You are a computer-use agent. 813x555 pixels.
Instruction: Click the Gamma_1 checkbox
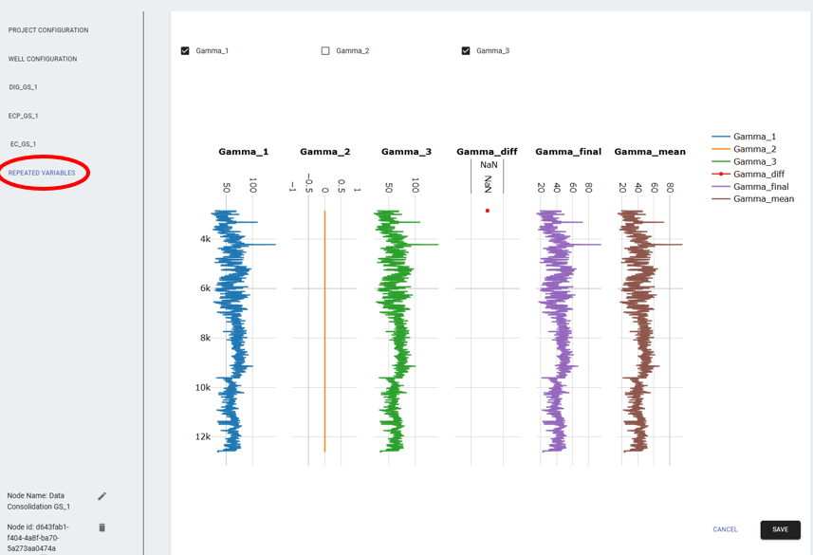click(185, 51)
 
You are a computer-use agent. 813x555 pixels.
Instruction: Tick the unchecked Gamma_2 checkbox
click(325, 51)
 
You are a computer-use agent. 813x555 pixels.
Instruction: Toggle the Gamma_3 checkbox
click(466, 51)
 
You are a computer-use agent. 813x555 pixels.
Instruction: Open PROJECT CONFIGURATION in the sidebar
click(48, 30)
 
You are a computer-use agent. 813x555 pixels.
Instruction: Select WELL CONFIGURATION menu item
click(43, 59)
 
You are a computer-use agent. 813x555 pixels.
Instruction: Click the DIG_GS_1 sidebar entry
click(24, 87)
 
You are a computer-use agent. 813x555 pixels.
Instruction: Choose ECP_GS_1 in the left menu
click(24, 116)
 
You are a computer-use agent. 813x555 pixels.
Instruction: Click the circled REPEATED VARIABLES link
click(42, 173)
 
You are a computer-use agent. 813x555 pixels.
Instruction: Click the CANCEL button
click(725, 529)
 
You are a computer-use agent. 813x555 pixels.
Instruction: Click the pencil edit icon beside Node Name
click(102, 496)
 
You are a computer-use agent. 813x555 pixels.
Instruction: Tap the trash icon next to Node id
click(102, 527)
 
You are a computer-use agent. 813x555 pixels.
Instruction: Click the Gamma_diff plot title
click(487, 152)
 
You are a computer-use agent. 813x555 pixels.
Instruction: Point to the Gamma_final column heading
click(568, 152)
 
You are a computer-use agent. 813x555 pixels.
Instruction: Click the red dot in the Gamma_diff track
click(488, 211)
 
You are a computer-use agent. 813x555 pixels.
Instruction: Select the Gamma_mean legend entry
click(763, 199)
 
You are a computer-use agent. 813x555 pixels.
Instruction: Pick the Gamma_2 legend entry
click(754, 149)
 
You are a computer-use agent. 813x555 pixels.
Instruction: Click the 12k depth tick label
click(203, 436)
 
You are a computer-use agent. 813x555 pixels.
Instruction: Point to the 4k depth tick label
click(206, 239)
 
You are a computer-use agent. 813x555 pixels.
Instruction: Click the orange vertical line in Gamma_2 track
click(324, 332)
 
